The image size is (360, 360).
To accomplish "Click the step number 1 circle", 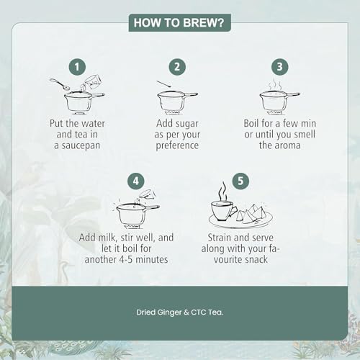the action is (x=77, y=67).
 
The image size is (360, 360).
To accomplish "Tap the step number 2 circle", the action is (x=177, y=67).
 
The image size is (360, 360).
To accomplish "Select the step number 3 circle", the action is (x=280, y=67).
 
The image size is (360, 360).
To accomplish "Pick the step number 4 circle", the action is (x=136, y=181).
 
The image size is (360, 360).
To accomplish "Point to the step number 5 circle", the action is (x=240, y=181).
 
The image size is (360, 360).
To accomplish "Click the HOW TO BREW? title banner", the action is (x=180, y=23).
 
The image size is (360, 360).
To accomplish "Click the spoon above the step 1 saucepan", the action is (x=60, y=84).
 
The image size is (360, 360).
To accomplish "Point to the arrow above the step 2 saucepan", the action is (x=164, y=84).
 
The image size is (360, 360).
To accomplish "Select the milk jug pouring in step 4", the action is (x=147, y=195).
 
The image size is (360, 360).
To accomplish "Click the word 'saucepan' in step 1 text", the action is (x=81, y=146).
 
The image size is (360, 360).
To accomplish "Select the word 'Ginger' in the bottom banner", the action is (x=169, y=312).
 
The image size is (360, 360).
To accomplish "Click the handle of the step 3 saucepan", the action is (x=293, y=95).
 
